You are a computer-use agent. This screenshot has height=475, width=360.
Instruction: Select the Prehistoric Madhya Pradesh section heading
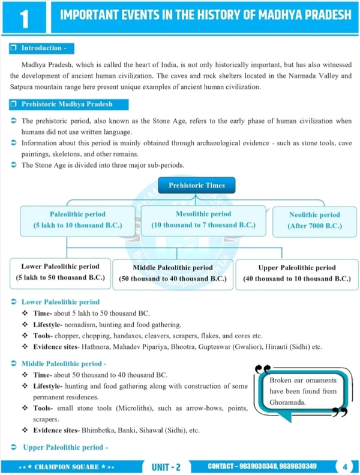66,104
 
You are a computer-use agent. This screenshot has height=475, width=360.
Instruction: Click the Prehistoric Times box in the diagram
196,186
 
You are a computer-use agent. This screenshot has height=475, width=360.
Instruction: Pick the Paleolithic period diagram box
77,220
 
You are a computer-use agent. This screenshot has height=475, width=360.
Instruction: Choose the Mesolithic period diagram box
203,219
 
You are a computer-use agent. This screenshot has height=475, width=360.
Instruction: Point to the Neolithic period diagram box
314,220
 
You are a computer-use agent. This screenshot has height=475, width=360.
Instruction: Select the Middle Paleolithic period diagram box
172,273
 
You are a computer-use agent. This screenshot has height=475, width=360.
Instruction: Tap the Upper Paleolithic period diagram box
296,273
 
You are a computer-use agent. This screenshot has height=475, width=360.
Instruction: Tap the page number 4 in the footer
345,466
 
